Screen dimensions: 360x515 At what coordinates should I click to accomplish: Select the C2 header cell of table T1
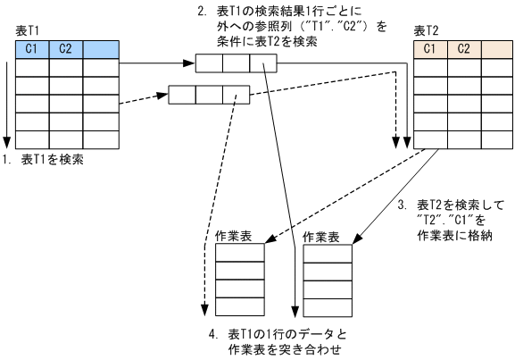click(x=65, y=48)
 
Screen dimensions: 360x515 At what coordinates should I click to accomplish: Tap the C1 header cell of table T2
click(x=431, y=48)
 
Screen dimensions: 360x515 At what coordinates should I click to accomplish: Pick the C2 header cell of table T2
click(x=463, y=48)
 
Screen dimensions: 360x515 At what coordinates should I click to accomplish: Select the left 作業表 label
click(x=232, y=237)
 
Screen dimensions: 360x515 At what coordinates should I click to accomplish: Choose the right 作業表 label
click(x=320, y=237)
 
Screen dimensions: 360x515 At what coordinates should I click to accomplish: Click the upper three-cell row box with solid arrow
click(x=236, y=63)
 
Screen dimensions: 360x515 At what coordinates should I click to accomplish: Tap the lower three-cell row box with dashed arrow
click(x=208, y=92)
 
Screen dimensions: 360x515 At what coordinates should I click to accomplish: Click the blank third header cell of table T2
click(x=496, y=48)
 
